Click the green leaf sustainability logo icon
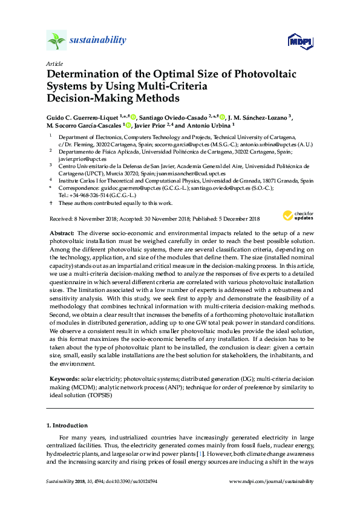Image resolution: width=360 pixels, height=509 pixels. (x=56, y=41)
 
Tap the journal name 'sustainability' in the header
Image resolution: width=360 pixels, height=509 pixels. (x=98, y=41)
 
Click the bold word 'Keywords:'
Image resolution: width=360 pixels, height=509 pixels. (x=64, y=378)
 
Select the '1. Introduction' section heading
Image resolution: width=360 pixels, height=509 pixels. (x=67, y=425)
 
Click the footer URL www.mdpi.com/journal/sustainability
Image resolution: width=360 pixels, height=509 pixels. (x=272, y=481)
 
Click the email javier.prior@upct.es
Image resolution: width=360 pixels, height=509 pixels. (x=73, y=159)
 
